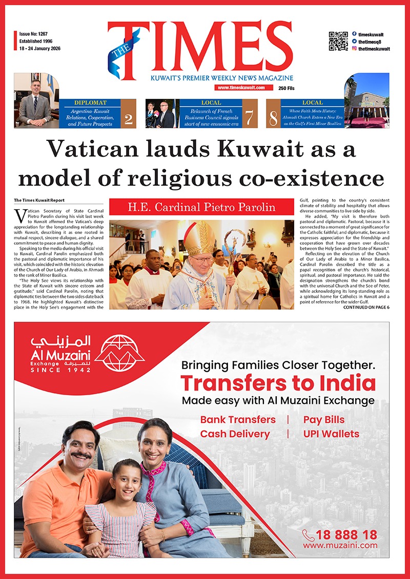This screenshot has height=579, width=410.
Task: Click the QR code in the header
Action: pyautogui.click(x=338, y=41)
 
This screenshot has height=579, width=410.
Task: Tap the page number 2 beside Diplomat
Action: pyautogui.click(x=128, y=118)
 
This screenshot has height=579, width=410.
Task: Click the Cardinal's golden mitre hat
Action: pyautogui.click(x=199, y=238)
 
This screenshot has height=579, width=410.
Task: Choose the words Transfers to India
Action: pyautogui.click(x=278, y=383)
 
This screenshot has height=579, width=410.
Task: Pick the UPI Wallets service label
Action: pyautogui.click(x=331, y=434)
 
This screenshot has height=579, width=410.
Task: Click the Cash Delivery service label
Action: pyautogui.click(x=235, y=434)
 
